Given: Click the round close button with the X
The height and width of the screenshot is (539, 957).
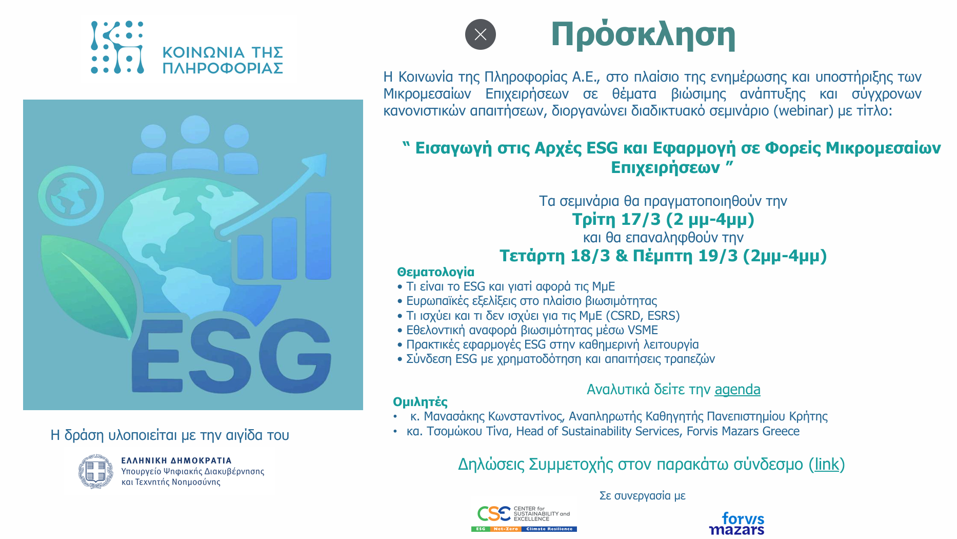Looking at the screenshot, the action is point(480,34).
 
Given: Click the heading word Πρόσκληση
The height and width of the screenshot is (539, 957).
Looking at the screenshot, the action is point(643,35).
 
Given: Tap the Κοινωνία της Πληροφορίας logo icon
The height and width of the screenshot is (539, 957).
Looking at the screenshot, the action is point(117,48).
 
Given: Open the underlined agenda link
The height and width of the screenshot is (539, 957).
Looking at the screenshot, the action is point(737,389).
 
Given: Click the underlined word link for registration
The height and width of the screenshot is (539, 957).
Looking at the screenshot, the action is point(827,464).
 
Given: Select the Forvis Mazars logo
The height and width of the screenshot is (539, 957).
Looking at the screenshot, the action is point(737,523).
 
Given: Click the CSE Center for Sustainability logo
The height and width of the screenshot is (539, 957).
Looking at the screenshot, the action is point(524,518).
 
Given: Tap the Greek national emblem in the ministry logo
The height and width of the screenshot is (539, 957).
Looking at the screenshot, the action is point(96,471).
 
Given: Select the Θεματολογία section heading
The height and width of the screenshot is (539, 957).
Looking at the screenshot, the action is point(435,272).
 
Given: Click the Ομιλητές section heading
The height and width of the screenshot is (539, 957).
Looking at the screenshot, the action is point(420,402).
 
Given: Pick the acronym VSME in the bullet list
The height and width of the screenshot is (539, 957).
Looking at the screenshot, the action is point(643,330).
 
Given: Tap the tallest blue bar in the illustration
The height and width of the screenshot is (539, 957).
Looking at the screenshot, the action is point(318,236).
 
